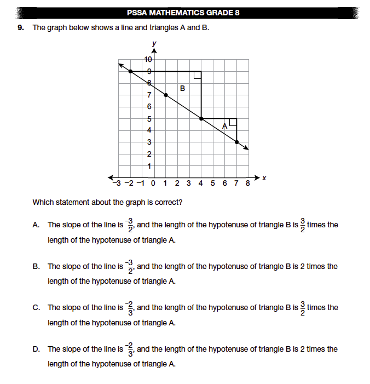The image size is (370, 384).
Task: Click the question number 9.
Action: click(21, 27)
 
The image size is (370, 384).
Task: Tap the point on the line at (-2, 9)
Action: click(130, 71)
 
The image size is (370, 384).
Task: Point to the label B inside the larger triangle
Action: click(182, 88)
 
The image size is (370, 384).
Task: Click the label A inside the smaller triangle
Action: click(224, 126)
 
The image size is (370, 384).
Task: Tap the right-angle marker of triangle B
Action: click(198, 75)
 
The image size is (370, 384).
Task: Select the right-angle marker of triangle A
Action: click(233, 122)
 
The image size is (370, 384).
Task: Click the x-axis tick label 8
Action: click(248, 183)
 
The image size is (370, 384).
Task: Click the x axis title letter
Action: click(263, 177)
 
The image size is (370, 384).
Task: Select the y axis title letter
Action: click(154, 43)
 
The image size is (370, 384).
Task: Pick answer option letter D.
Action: click(36, 349)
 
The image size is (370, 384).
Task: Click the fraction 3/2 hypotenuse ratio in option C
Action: click(302, 307)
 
